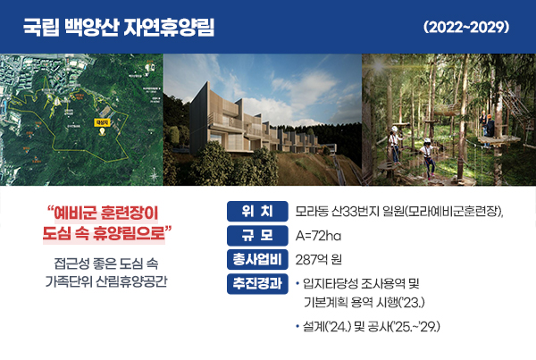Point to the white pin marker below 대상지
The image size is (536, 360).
coord(101,130)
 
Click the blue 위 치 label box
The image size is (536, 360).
coord(256,212)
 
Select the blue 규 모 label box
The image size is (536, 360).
coord(256,236)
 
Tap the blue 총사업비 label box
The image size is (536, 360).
coord(256,260)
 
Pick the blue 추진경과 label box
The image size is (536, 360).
coord(256,284)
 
